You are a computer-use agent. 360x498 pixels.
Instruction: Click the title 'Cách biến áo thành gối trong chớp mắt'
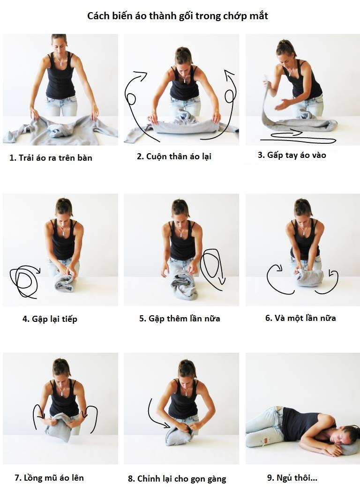(x=178, y=16)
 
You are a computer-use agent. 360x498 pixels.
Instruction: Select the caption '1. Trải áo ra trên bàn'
(x=51, y=158)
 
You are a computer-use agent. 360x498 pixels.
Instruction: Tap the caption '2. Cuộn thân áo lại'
(x=174, y=156)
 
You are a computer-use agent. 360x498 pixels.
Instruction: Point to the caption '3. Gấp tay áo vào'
(x=292, y=155)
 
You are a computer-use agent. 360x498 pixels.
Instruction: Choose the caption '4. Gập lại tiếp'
(x=50, y=319)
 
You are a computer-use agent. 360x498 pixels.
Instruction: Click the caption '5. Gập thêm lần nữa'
(x=180, y=319)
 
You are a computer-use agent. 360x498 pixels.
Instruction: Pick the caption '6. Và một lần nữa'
(x=300, y=318)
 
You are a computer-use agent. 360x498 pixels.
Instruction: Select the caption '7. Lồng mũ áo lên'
(x=49, y=478)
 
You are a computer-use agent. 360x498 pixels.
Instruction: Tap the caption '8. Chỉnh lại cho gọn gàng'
(x=177, y=479)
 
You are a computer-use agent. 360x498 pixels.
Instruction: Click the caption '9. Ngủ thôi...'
(x=292, y=478)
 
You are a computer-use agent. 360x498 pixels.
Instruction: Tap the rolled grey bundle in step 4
(x=65, y=282)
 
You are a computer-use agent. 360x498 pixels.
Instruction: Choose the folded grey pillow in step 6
(x=310, y=277)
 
